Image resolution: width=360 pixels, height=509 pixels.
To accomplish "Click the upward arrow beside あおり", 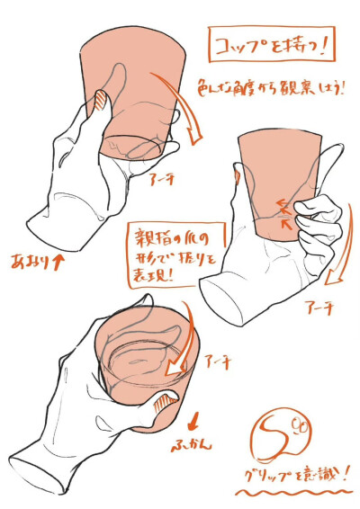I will pos(58,263).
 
